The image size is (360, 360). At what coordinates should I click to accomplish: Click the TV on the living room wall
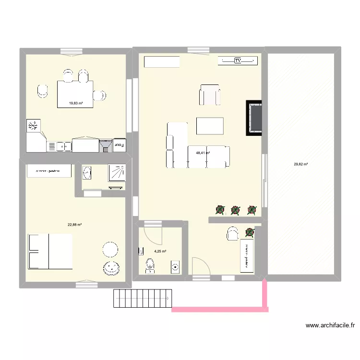238,60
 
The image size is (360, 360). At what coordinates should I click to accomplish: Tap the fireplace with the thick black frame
254,118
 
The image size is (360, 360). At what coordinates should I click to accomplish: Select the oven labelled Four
120,145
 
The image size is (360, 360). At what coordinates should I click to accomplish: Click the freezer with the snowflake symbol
33,126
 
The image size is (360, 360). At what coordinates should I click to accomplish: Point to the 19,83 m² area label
76,103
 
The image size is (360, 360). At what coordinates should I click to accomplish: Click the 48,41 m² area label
203,153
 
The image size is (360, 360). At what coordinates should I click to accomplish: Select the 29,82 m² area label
301,164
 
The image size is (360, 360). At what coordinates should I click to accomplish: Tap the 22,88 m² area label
74,224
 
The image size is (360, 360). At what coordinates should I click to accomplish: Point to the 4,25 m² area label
160,251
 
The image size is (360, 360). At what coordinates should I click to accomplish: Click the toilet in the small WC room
150,264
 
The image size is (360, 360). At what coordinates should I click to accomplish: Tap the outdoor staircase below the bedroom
142,298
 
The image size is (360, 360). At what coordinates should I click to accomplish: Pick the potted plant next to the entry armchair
250,232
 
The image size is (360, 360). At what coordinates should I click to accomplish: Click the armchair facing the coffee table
210,95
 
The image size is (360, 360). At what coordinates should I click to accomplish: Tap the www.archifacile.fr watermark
330,325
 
